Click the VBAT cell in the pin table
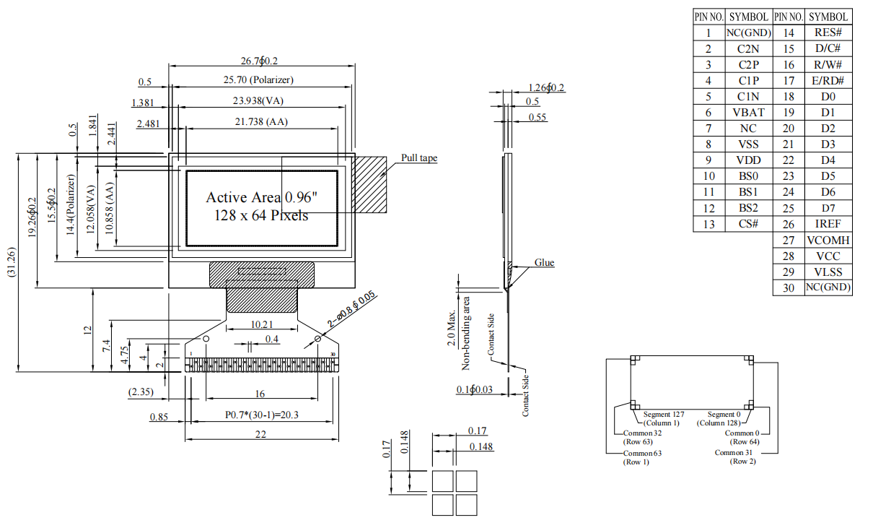(748, 113)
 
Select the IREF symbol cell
(828, 225)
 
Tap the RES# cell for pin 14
(828, 33)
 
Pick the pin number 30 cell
(788, 288)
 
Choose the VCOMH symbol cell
(828, 241)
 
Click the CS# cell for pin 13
(748, 225)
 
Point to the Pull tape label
(419, 158)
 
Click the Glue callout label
(544, 263)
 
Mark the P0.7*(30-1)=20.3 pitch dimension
(261, 416)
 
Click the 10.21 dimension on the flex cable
(260, 325)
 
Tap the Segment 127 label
(662, 415)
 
